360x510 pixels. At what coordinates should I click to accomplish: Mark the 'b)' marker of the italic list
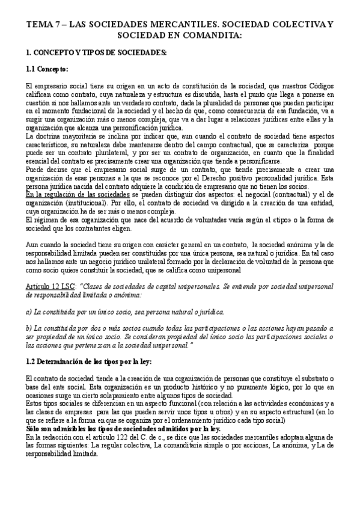(30, 328)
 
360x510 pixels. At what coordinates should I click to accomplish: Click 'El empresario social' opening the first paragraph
(59, 87)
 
